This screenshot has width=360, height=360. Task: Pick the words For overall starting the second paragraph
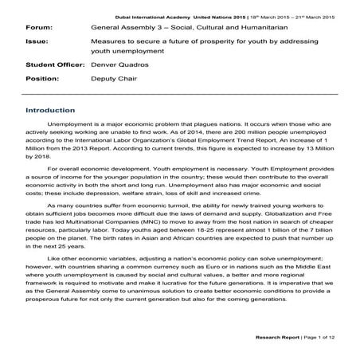(x=63, y=170)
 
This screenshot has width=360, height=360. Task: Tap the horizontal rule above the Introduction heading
(x=179, y=96)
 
